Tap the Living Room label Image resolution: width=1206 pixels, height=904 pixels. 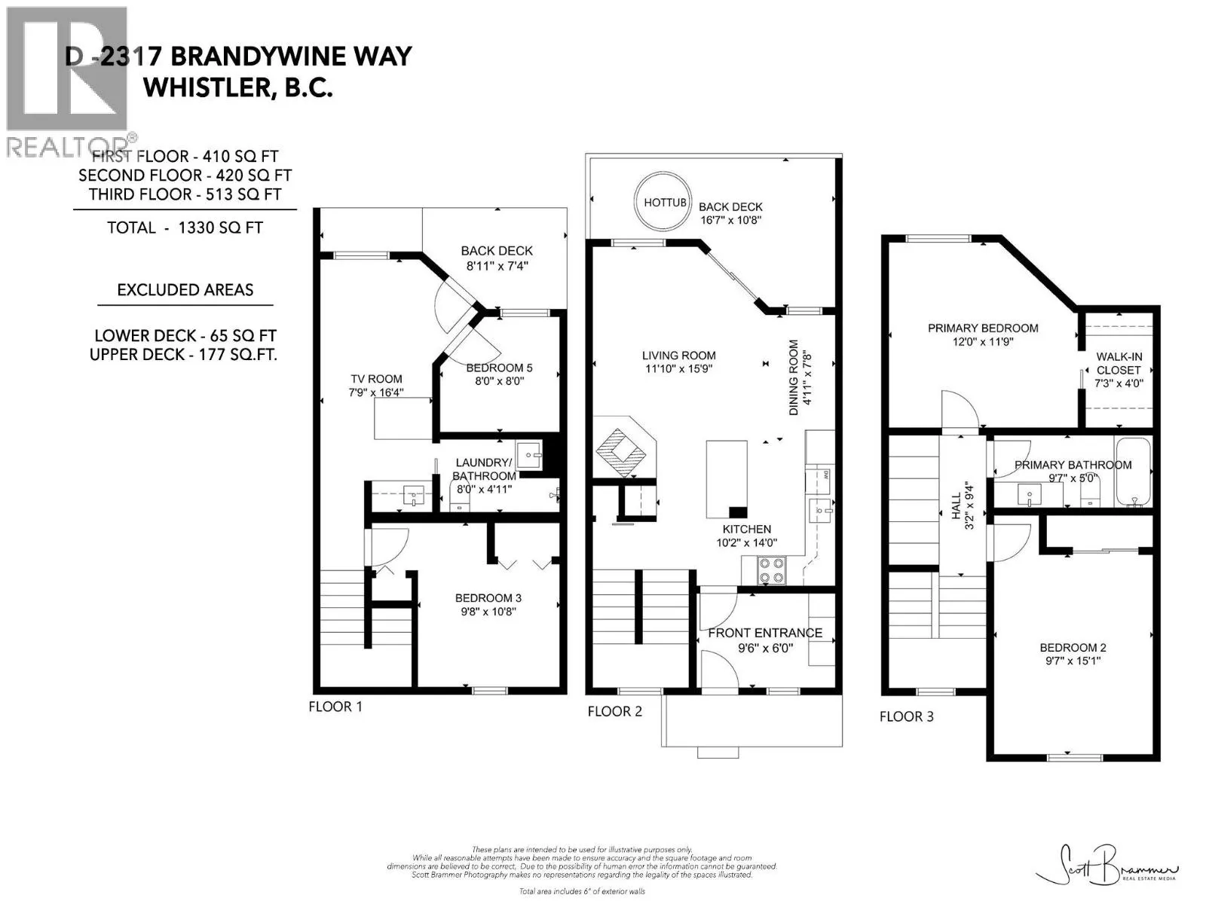coord(678,356)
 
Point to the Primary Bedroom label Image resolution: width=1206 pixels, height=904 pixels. coord(982,328)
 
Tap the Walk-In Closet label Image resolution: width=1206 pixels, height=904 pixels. coord(1118,363)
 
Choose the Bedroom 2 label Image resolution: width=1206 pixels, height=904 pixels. coord(1073,648)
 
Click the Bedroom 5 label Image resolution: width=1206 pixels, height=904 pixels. coord(499,368)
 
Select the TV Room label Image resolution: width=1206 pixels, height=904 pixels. coord(376,379)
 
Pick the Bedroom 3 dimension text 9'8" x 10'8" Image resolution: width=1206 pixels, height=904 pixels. coord(488,612)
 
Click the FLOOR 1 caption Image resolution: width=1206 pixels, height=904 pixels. coord(335,707)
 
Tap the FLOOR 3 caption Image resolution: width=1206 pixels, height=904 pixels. coord(906,716)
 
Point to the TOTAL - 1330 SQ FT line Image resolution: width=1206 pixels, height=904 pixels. coord(185,228)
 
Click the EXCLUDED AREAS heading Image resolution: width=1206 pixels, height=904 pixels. coord(185,290)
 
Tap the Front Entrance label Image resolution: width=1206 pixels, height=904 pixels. coord(765,633)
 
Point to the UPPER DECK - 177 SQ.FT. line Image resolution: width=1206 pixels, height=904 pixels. coord(183,355)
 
